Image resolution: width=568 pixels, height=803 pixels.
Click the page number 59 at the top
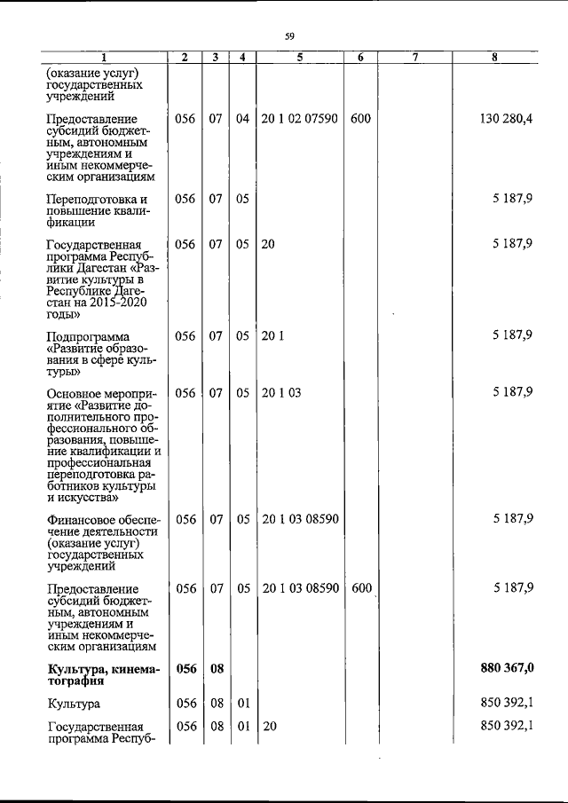click(288, 35)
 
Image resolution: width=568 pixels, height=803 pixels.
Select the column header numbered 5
click(300, 58)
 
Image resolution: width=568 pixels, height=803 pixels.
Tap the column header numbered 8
click(495, 58)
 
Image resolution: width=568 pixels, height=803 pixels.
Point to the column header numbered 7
click(414, 58)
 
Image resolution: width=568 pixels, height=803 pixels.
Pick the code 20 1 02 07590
click(299, 119)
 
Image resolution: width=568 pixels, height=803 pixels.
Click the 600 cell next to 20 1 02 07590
click(360, 119)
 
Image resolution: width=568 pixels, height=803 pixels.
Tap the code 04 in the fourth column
click(242, 119)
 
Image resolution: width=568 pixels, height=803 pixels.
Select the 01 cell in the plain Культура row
click(242, 704)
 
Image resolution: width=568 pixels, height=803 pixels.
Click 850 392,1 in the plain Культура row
click(507, 704)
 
